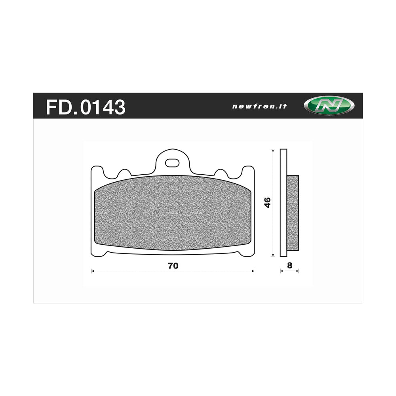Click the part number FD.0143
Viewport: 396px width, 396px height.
(x=86, y=107)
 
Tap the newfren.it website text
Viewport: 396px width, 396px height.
(x=259, y=106)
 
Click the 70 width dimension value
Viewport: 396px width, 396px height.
(x=173, y=266)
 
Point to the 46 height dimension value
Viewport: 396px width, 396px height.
(x=268, y=202)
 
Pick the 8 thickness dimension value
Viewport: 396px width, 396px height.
(x=289, y=266)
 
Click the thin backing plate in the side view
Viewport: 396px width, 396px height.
(x=283, y=202)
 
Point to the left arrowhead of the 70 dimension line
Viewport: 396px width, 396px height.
(x=93, y=271)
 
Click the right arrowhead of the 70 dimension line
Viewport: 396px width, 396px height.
(x=253, y=271)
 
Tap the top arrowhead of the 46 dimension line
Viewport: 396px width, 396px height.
(x=272, y=150)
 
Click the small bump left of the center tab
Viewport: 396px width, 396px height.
(x=124, y=173)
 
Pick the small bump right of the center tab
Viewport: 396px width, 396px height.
(x=220, y=173)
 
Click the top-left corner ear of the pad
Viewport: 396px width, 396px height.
(x=97, y=171)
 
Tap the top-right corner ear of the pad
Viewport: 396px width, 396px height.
(x=248, y=171)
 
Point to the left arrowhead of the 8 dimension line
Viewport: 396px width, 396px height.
(x=281, y=271)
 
